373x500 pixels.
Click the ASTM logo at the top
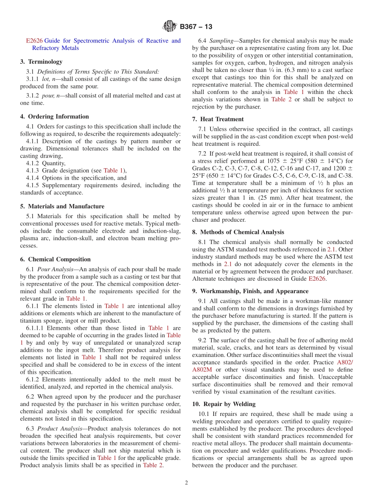pos(170,27)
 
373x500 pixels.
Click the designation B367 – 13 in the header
pos(196,27)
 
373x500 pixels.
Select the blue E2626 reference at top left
pos(34,40)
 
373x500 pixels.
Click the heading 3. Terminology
pos(41,62)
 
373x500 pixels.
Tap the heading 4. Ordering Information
pos(55,116)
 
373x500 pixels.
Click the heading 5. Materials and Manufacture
pos(62,206)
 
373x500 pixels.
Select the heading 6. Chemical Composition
pos(55,259)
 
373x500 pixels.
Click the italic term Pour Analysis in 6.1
pos(54,269)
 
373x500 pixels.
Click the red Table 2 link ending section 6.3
pos(153,465)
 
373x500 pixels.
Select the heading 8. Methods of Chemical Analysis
pos(238,232)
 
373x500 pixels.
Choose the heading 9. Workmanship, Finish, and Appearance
pos(250,291)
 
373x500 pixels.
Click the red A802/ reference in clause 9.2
pos(345,362)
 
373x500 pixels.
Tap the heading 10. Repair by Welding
pos(224,404)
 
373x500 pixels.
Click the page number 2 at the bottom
pos(186,483)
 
